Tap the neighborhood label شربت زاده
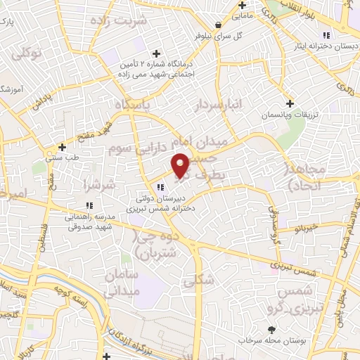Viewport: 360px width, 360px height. pos(143,20)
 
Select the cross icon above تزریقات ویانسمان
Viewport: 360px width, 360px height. pos(290,103)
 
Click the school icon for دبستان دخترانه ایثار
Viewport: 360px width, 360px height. pos(325,36)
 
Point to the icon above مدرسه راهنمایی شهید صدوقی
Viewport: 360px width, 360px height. pos(89,205)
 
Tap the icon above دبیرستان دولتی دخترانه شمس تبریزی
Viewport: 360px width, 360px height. pos(161,186)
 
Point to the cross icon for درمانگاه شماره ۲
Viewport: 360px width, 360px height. pos(156,53)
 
